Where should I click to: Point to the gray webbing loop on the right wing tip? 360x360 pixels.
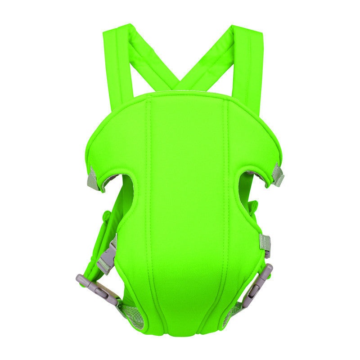point(278,175)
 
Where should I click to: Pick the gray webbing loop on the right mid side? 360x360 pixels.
point(265,243)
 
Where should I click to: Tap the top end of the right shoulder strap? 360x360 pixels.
point(247,31)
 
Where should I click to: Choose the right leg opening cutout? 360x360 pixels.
point(245,189)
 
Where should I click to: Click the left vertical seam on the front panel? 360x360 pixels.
point(151,202)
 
